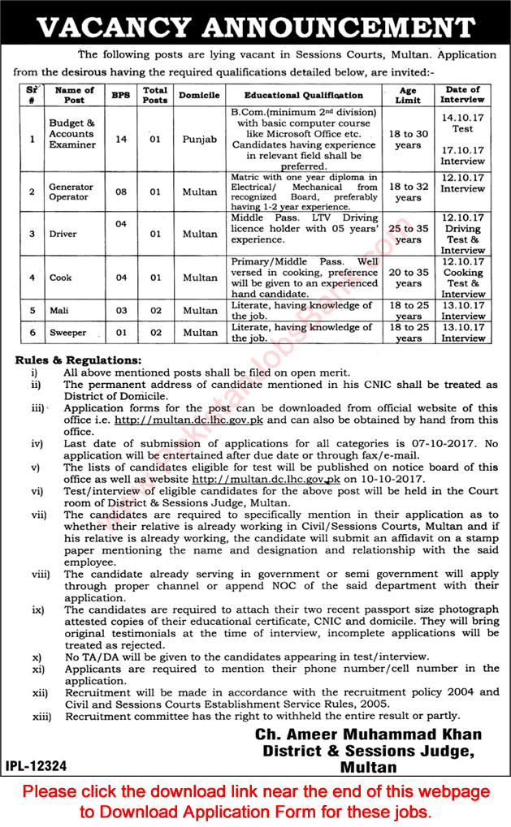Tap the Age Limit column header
(408, 94)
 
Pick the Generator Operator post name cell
(71, 192)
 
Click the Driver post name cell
(63, 234)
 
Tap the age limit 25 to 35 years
(408, 235)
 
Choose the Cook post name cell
(61, 278)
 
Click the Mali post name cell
(61, 310)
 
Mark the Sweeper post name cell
(67, 332)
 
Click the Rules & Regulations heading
(78, 360)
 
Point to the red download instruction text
(255, 800)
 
